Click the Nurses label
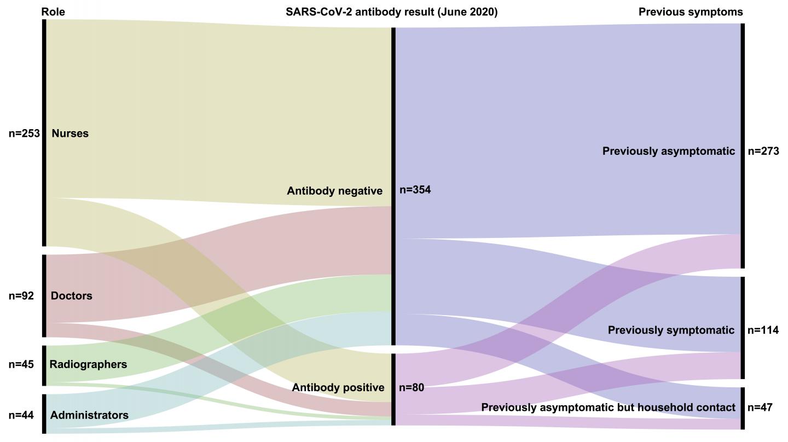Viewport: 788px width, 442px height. point(70,133)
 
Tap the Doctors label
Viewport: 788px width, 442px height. point(71,296)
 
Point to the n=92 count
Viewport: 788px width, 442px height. point(21,296)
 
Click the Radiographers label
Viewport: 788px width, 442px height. point(88,364)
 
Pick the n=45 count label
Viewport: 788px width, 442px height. point(21,364)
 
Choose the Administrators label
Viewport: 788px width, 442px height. point(89,415)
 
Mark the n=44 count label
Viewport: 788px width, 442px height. point(21,415)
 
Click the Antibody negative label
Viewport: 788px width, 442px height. point(334,191)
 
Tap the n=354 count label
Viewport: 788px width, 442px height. point(415,190)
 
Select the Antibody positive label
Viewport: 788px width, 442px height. point(338,388)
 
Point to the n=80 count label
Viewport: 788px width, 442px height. point(412,388)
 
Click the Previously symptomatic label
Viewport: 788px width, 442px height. point(671,330)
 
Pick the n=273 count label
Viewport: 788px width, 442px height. point(763,152)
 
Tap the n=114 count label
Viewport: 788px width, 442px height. point(763,330)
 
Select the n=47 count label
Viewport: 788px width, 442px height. point(760,408)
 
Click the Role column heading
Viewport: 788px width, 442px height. point(53,12)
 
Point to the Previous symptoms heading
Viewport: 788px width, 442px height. point(691,12)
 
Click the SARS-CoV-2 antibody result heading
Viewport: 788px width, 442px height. point(391,12)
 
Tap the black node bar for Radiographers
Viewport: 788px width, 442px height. point(44,365)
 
